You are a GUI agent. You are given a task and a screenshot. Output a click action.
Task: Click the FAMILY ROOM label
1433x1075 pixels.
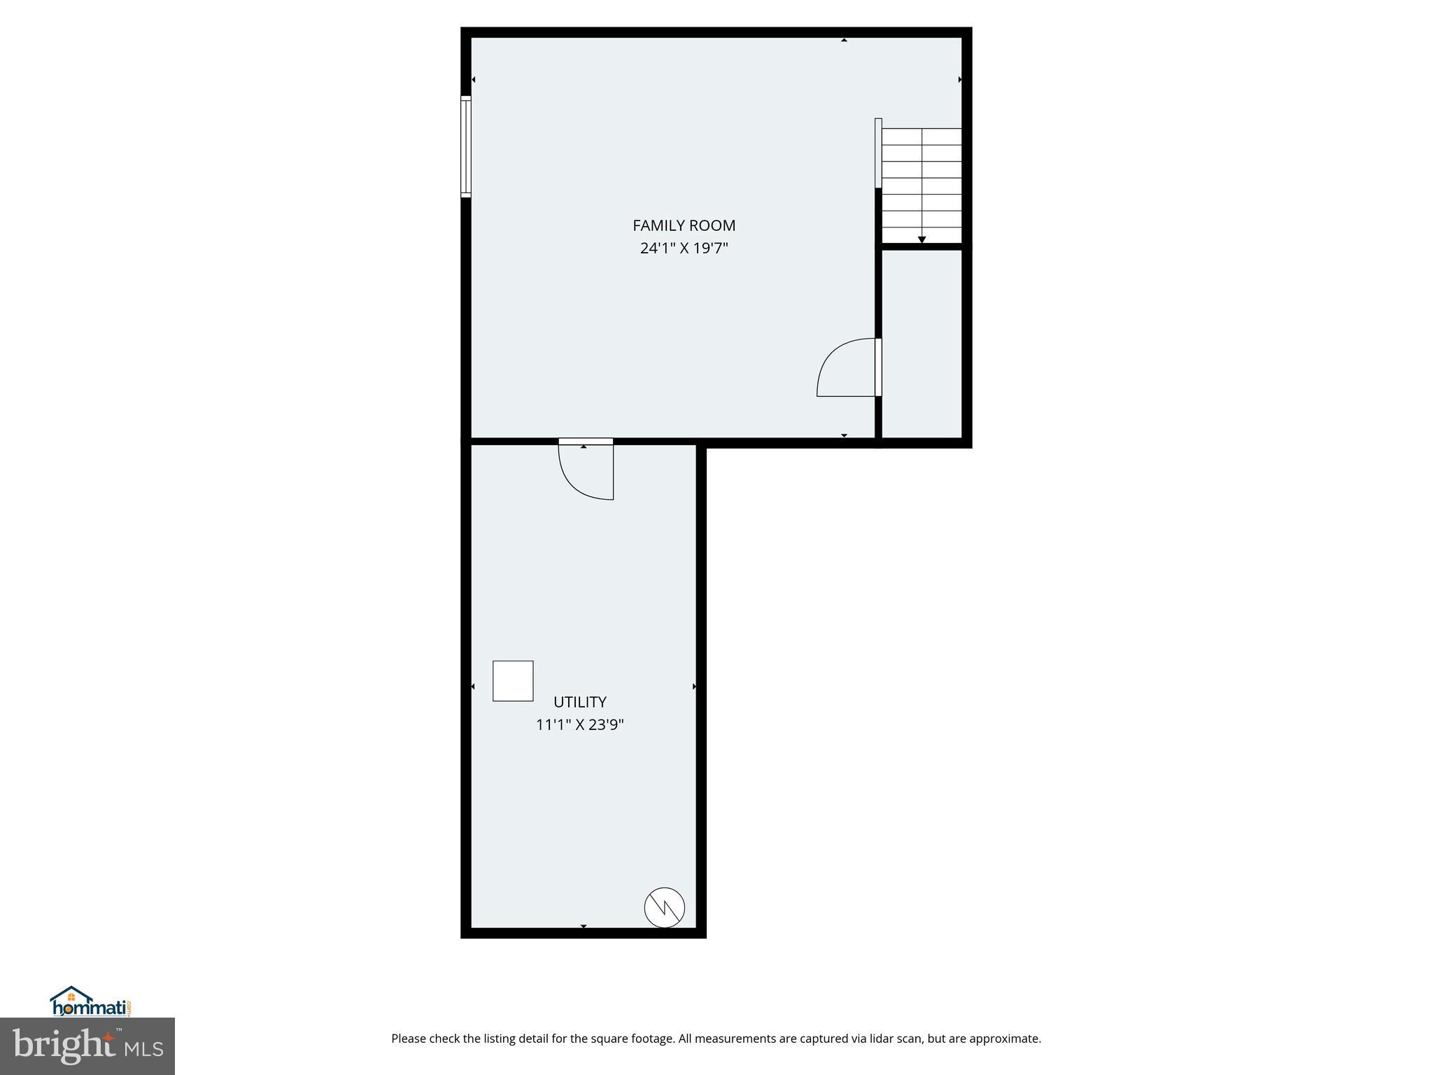[684, 225]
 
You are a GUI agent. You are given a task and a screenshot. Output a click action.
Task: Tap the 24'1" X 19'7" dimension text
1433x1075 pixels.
[684, 248]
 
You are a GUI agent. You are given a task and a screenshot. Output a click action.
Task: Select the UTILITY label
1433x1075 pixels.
[579, 702]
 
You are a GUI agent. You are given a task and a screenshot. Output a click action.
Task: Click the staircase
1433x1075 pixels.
[921, 185]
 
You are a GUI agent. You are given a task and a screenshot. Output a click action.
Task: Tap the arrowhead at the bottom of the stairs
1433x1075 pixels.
[922, 240]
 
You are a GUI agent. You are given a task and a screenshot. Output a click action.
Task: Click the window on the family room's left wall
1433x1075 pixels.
[466, 146]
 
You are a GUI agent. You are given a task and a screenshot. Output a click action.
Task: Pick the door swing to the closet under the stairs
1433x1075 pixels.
[847, 367]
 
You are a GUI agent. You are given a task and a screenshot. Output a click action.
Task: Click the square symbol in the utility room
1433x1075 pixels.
[513, 681]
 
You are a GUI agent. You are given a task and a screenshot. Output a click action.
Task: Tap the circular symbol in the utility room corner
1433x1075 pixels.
[664, 908]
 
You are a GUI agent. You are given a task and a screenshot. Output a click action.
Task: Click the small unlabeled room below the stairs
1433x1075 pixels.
[922, 343]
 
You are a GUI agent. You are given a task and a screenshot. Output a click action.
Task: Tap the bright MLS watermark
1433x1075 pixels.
[87, 1046]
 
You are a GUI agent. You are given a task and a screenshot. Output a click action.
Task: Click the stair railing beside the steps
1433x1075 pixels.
[878, 153]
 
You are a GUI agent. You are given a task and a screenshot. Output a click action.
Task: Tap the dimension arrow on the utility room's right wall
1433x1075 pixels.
[694, 687]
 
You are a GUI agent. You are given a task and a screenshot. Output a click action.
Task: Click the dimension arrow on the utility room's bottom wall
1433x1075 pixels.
[584, 927]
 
